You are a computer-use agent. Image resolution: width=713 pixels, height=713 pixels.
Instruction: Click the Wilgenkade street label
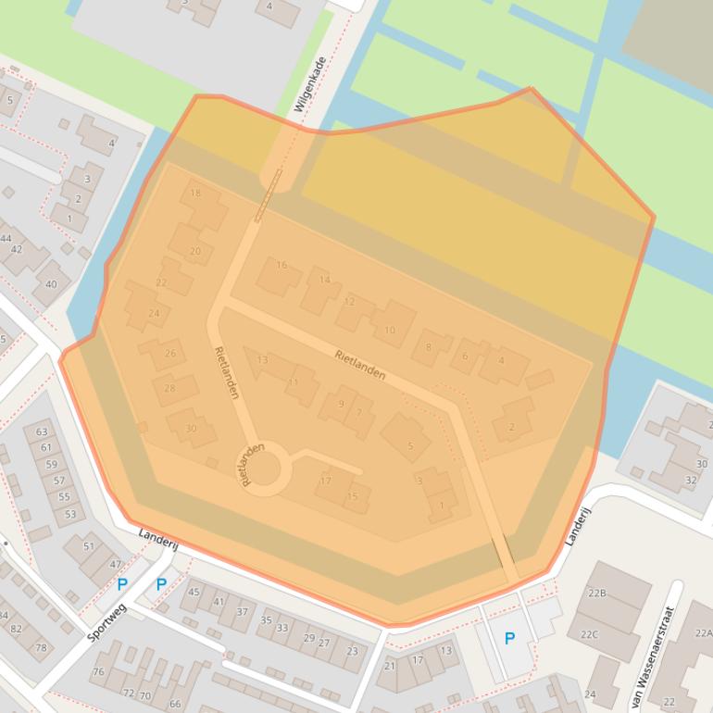pyautogui.click(x=310, y=85)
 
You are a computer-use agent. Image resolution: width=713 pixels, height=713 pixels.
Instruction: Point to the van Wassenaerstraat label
pyautogui.click(x=654, y=657)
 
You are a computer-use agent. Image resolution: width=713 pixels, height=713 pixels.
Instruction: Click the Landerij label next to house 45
pyautogui.click(x=156, y=540)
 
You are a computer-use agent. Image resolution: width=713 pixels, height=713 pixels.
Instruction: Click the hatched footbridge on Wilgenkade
pyautogui.click(x=268, y=196)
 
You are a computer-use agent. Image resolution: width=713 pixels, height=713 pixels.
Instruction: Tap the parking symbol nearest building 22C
pyautogui.click(x=509, y=639)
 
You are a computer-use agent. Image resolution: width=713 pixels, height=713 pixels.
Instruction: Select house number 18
pyautogui.click(x=194, y=194)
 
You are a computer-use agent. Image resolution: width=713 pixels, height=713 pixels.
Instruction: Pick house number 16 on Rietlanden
pyautogui.click(x=281, y=266)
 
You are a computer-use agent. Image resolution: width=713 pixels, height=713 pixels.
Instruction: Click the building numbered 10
pyautogui.click(x=390, y=330)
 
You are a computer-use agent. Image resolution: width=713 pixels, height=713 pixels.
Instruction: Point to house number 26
pyautogui.click(x=169, y=354)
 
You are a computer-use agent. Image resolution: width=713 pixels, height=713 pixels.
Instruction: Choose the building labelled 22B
pyautogui.click(x=597, y=593)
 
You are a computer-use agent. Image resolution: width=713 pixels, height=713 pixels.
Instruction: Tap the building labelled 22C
pyautogui.click(x=589, y=634)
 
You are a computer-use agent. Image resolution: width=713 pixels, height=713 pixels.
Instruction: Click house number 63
pyautogui.click(x=42, y=432)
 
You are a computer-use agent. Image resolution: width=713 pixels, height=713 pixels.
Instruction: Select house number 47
pyautogui.click(x=115, y=564)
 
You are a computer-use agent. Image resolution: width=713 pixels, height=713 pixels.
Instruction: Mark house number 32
pyautogui.click(x=691, y=481)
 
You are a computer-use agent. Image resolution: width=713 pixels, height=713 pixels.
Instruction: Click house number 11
pyautogui.click(x=294, y=382)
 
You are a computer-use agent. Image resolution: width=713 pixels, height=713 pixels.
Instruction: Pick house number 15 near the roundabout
pyautogui.click(x=352, y=497)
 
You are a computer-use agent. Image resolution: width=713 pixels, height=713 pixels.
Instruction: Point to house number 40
pyautogui.click(x=51, y=285)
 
